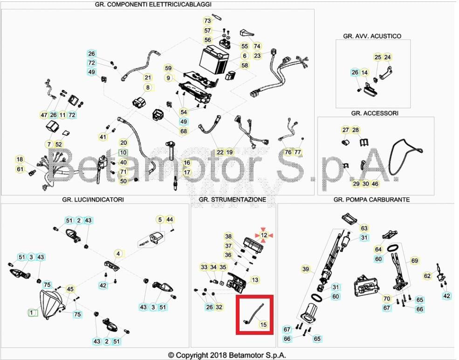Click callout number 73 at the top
click(x=208, y=20)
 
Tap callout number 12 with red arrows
click(x=264, y=235)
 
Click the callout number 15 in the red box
click(x=264, y=325)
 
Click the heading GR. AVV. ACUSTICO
click(x=372, y=36)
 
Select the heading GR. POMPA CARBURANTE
click(x=371, y=199)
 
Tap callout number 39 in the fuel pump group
click(x=306, y=269)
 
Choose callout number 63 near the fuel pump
click(x=364, y=228)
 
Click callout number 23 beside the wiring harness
click(x=257, y=56)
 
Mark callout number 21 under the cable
click(x=148, y=77)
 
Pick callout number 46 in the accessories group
click(x=375, y=184)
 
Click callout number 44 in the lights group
click(x=170, y=219)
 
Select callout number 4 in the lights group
click(x=118, y=254)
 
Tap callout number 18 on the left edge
click(x=20, y=160)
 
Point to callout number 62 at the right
click(x=427, y=276)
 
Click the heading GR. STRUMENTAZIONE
click(x=232, y=199)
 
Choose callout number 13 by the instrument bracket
click(x=255, y=280)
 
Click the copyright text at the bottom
click(x=227, y=355)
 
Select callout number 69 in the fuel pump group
click(x=414, y=261)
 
